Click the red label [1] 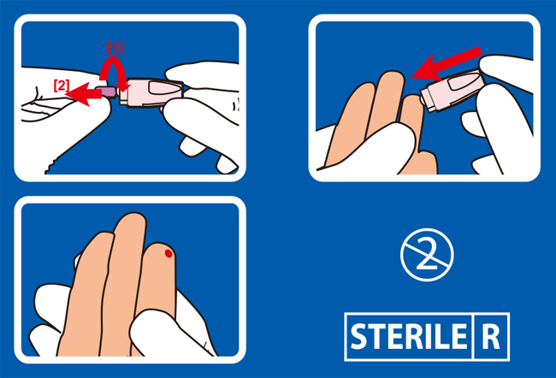point(115,48)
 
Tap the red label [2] point(62,86)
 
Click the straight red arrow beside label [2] point(84,93)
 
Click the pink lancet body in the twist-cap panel point(151,92)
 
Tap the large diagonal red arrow point(447,64)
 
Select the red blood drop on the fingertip point(169,253)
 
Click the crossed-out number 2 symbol point(427,255)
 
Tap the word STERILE point(409,336)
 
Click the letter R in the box point(491,336)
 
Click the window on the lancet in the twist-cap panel point(162,88)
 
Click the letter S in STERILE point(358,336)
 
